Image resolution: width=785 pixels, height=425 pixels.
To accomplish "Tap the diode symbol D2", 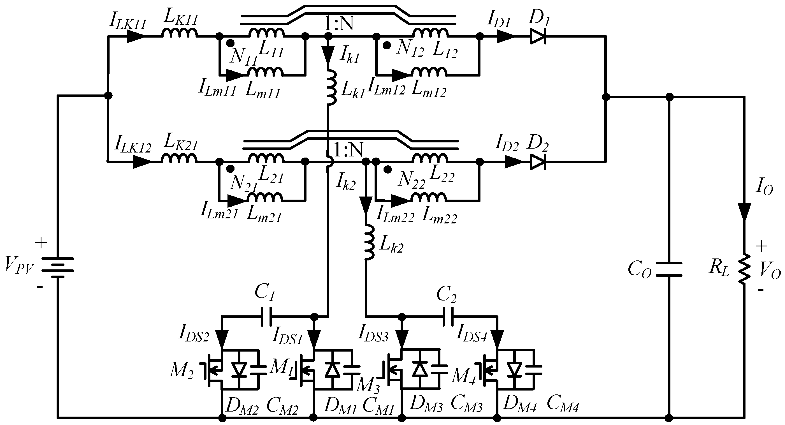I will click(538, 162).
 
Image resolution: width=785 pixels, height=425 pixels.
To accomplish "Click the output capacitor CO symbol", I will click(669, 269).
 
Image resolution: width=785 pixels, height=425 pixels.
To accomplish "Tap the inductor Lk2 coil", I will click(369, 243).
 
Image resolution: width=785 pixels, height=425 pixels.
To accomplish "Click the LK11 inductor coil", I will click(180, 33).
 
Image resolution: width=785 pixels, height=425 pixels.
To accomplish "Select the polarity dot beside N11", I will click(231, 43).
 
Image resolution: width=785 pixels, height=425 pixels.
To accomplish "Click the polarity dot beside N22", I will click(387, 170).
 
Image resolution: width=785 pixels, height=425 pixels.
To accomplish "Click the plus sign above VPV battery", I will click(41, 243).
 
